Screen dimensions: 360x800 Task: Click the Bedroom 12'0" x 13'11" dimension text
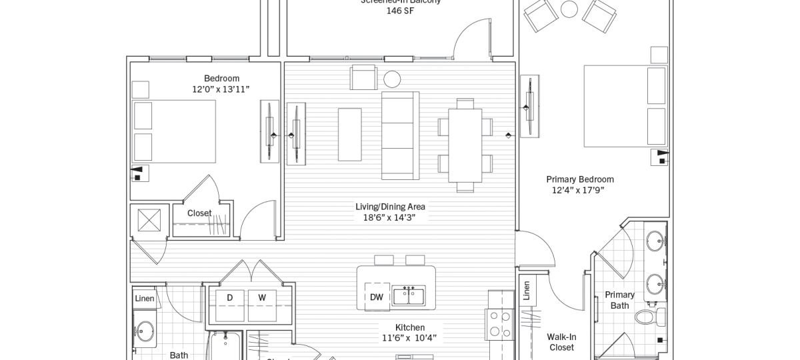coord(221,89)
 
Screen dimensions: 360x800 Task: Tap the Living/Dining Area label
coord(390,207)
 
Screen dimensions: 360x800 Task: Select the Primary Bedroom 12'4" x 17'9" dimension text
coord(579,190)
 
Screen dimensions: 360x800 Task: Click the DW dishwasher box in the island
coord(377,297)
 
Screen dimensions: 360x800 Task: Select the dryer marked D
coord(229,298)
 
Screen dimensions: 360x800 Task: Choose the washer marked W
coord(262,298)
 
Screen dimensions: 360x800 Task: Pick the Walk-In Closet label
coord(561,342)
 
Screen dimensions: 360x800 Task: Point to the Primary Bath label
coord(619,300)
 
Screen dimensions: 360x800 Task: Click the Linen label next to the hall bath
coord(145,299)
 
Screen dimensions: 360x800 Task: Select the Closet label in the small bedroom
coord(199,213)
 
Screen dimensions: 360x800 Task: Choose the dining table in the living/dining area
coord(465,145)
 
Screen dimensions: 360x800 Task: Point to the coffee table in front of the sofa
coord(349,134)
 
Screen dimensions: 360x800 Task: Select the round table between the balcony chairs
coord(569,9)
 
